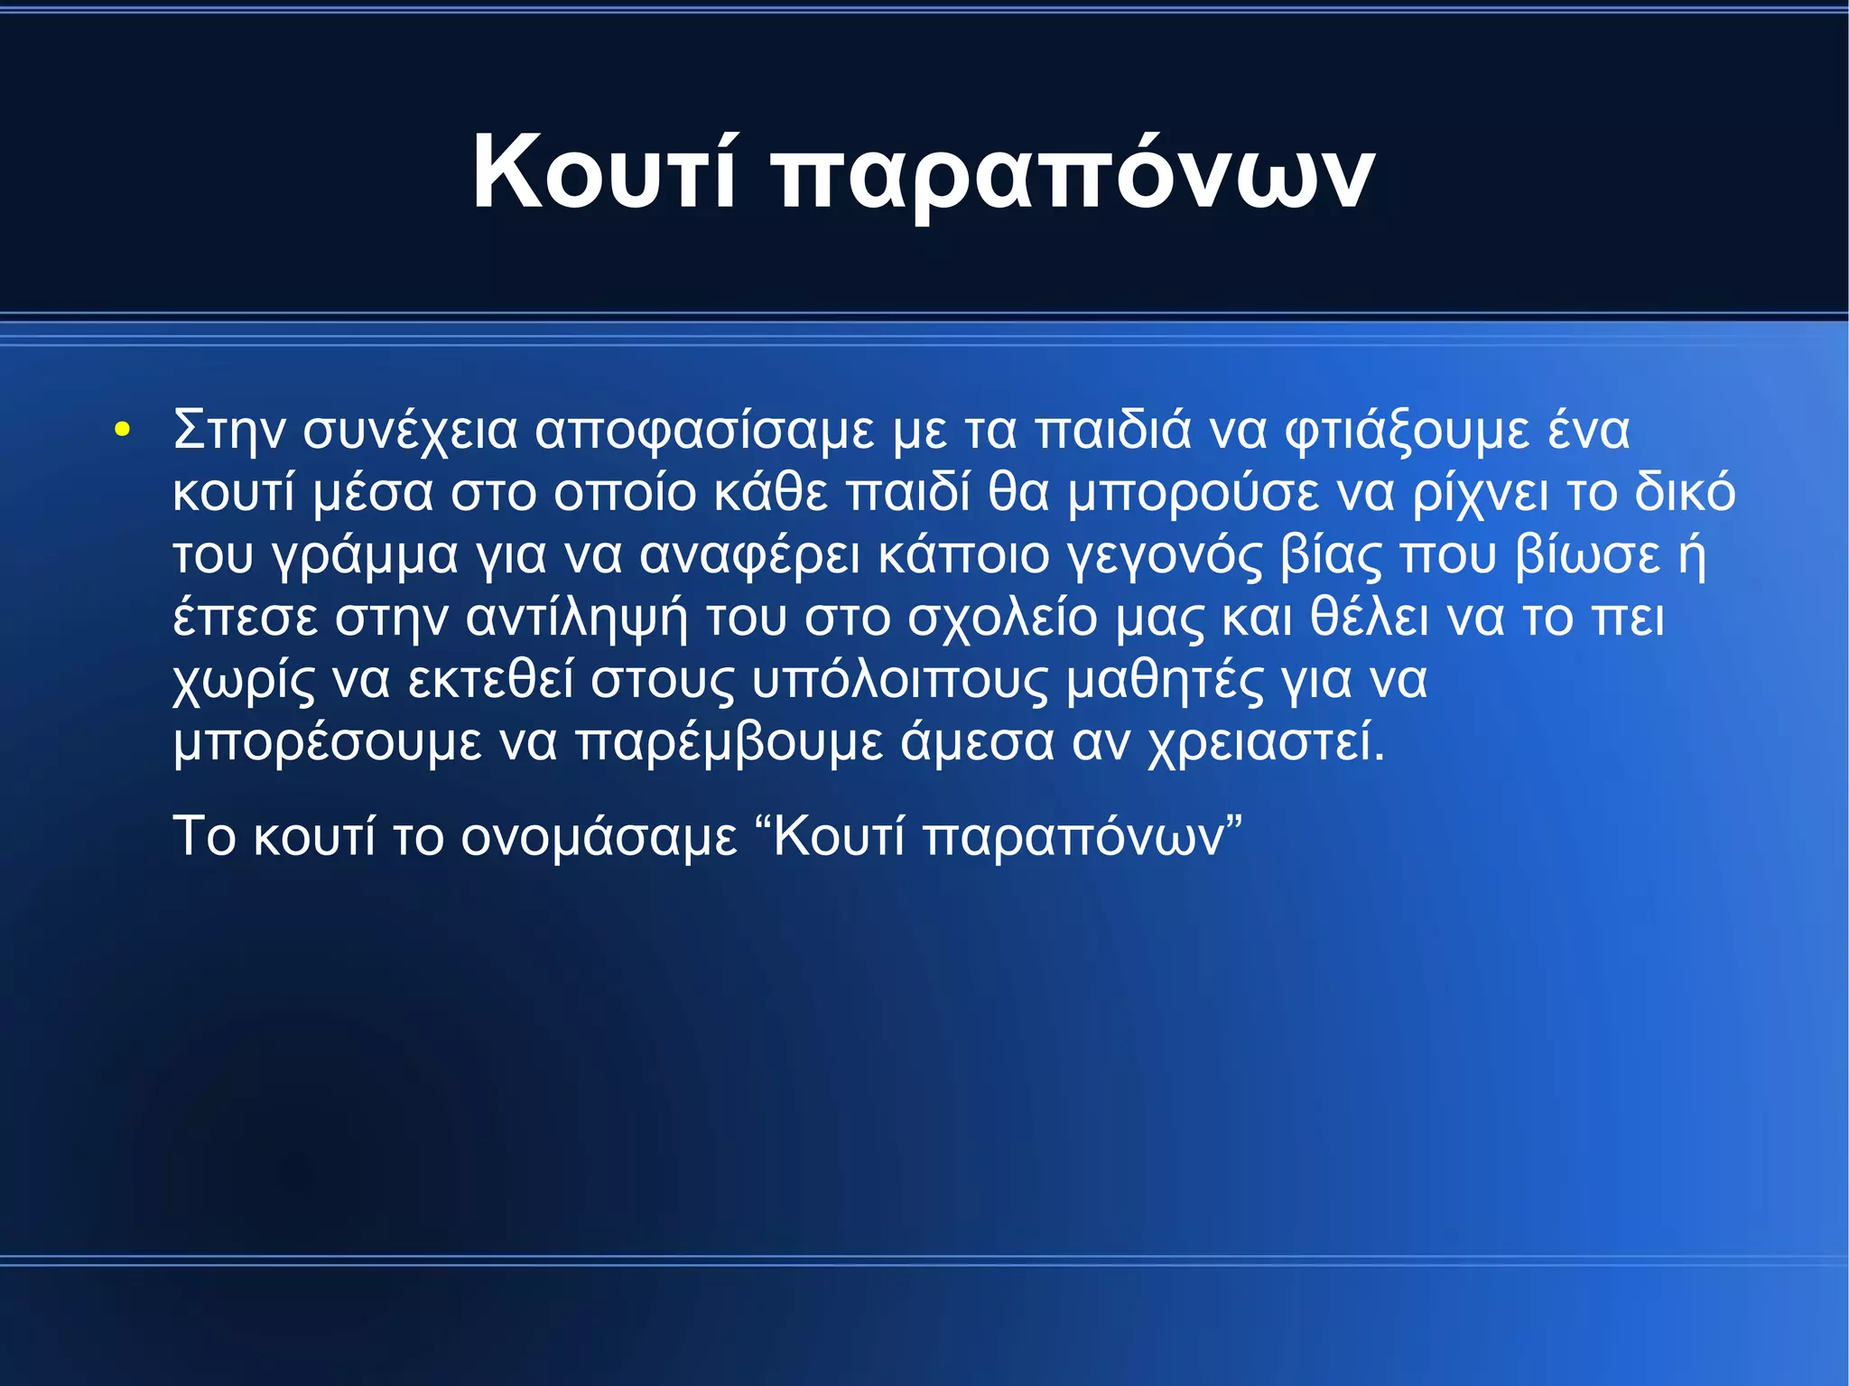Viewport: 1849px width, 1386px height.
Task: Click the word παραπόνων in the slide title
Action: coord(1074,176)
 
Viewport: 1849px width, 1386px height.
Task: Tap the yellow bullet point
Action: coord(123,430)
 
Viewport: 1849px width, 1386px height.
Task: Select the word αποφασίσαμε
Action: coord(704,432)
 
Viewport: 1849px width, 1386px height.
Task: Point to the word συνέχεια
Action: coord(410,432)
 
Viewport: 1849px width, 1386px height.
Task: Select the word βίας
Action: coord(1332,557)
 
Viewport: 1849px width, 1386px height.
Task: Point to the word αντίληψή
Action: coord(576,619)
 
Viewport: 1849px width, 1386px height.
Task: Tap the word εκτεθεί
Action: coord(490,680)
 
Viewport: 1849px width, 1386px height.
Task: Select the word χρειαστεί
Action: coord(1264,744)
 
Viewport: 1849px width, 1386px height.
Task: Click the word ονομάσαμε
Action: coord(599,837)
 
